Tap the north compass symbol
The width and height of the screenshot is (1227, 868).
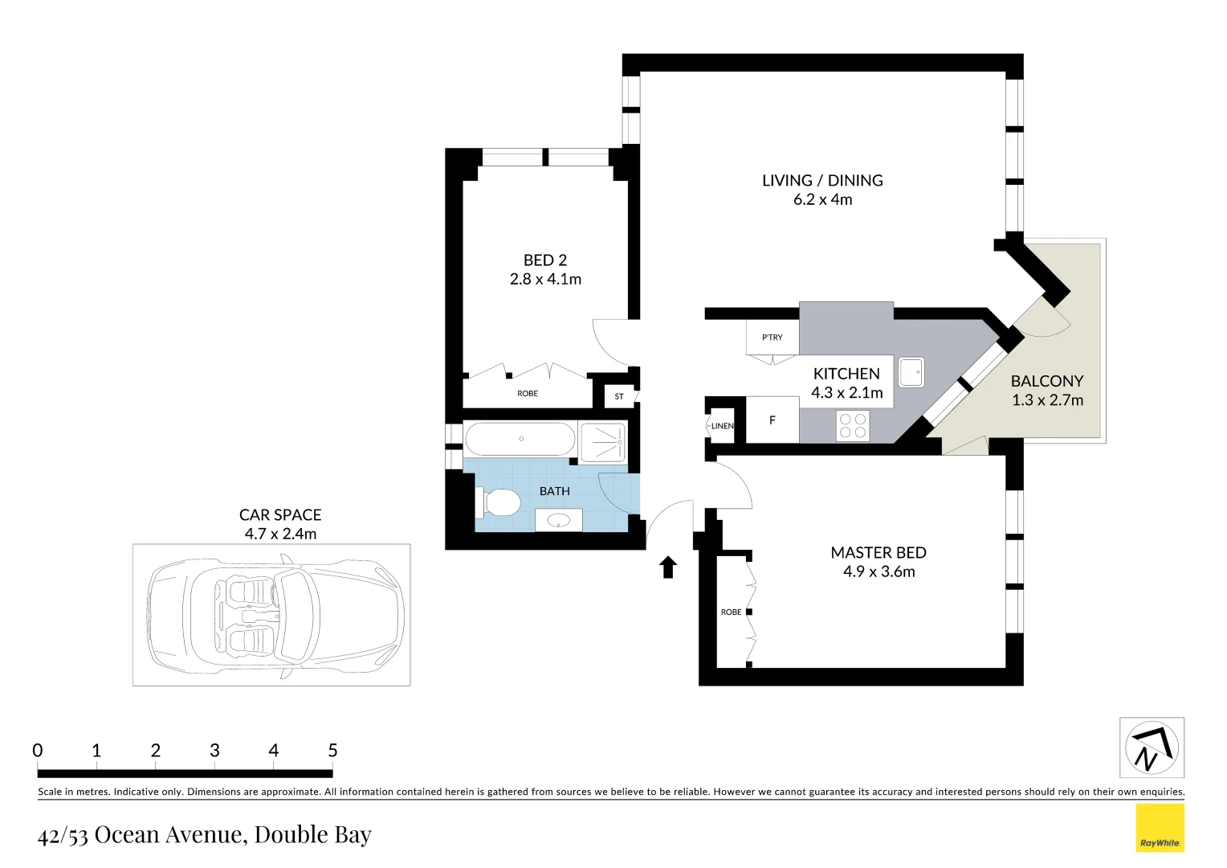coord(1152,747)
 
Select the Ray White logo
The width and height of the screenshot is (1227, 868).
coord(1160,828)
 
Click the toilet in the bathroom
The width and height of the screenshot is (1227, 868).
coord(499,503)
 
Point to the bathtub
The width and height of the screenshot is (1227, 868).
coord(520,440)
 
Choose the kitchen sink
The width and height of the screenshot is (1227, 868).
coord(911,372)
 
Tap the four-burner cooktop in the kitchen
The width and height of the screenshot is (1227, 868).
coord(853,426)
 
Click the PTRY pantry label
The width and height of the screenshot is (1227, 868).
coord(772,338)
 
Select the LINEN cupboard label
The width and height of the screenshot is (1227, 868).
coord(722,426)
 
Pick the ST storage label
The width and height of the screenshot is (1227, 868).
coord(619,396)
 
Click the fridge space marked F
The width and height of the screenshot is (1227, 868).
coord(772,420)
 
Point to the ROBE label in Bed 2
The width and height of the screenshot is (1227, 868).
coord(528,394)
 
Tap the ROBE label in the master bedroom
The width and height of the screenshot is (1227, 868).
coord(731,612)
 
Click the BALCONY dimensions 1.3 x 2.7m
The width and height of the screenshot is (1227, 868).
coord(1047,400)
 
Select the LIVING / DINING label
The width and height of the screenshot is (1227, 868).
coord(822,181)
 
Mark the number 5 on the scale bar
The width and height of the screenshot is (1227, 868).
coord(332,751)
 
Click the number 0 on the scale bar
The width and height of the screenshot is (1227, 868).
coord(38,751)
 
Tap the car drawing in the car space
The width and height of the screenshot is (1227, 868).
coord(275,615)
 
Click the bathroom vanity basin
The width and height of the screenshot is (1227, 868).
coord(558,521)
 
